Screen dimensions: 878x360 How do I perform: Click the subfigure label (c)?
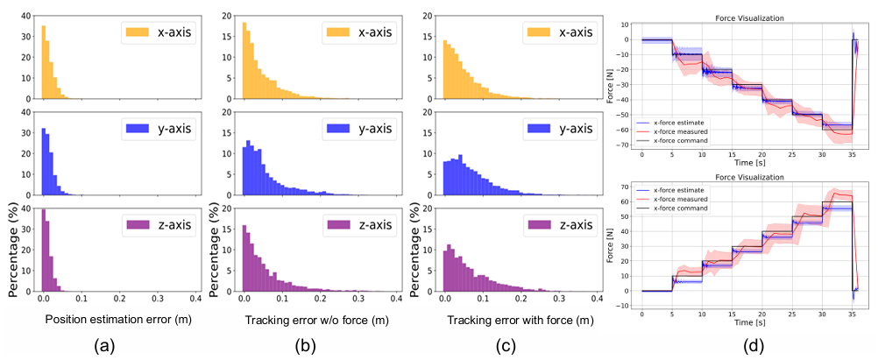coord(506,347)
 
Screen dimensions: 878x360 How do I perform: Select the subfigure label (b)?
coord(304,347)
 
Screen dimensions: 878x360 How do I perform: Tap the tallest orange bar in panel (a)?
coord(44,62)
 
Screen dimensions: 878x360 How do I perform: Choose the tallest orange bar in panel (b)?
coord(244,60)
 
